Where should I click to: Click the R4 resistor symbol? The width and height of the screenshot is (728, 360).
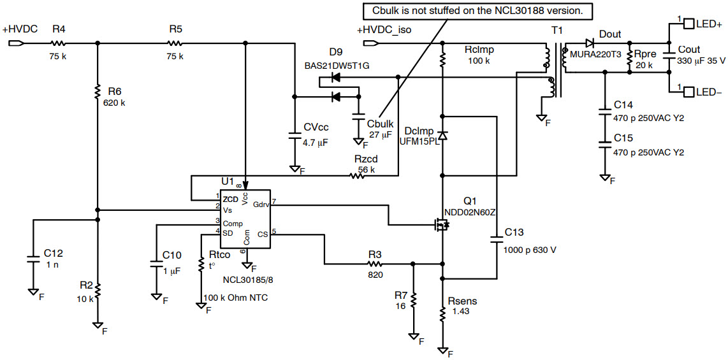tap(58, 43)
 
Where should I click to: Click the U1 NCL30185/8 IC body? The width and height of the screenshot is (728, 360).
tap(245, 218)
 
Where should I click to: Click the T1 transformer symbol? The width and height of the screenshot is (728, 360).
tap(553, 70)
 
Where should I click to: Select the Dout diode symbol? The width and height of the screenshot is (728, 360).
tap(590, 43)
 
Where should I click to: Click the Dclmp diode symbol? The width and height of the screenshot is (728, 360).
tap(442, 136)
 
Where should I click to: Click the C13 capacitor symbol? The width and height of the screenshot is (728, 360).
tap(497, 240)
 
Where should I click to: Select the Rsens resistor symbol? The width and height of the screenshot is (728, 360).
tap(442, 313)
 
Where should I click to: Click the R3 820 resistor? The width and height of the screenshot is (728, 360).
tap(375, 263)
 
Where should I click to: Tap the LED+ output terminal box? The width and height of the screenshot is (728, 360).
tap(688, 24)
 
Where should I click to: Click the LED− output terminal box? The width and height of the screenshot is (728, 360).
tap(688, 92)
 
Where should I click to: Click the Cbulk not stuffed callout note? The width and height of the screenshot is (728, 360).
tap(477, 11)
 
